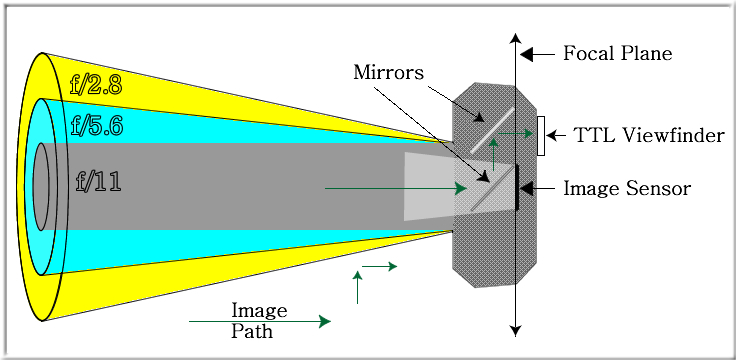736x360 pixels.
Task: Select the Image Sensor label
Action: pos(626,187)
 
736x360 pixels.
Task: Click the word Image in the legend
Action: pos(259,309)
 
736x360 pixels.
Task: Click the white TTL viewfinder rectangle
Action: pos(541,135)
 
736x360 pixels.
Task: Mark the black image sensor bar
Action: pos(517,188)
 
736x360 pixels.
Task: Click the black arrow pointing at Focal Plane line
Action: pos(538,54)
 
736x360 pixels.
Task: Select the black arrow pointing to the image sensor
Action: pos(537,187)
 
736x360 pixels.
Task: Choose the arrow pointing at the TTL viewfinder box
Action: pos(558,136)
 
